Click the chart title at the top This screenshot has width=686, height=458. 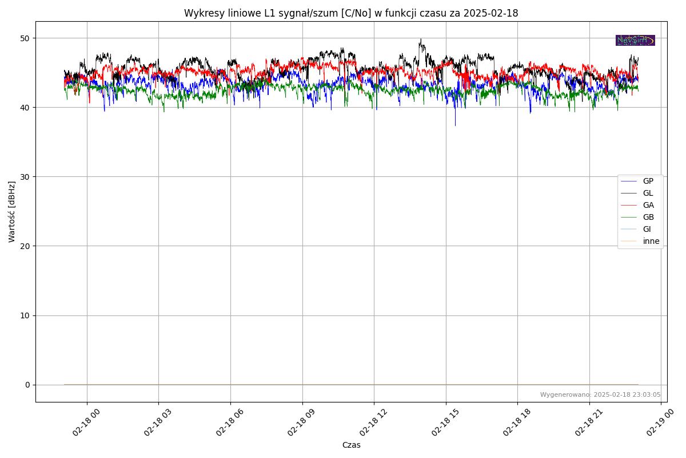click(x=351, y=13)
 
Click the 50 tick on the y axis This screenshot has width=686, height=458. click(x=25, y=38)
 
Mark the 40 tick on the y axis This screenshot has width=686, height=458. click(x=25, y=108)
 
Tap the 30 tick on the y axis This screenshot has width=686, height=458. click(x=25, y=177)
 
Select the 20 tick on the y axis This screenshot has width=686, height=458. click(x=25, y=246)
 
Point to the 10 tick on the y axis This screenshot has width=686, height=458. click(x=25, y=315)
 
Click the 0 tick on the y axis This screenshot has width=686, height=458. click(x=27, y=385)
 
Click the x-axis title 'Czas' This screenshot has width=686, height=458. click(x=351, y=445)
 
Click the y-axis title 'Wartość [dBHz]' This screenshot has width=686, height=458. click(x=12, y=212)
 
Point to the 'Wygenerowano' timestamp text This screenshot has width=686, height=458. click(x=600, y=395)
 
